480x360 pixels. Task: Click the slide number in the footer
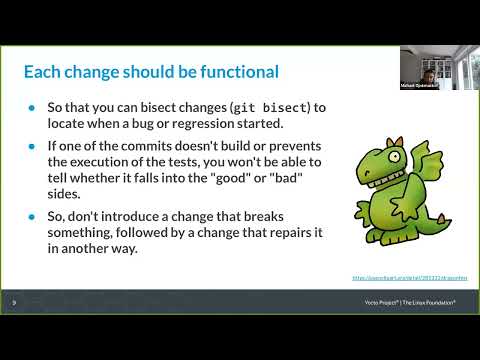click(14, 301)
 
